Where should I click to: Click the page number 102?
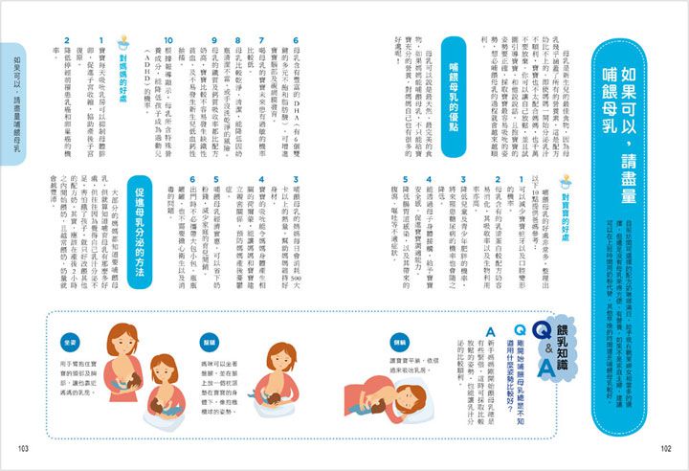[667, 450]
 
